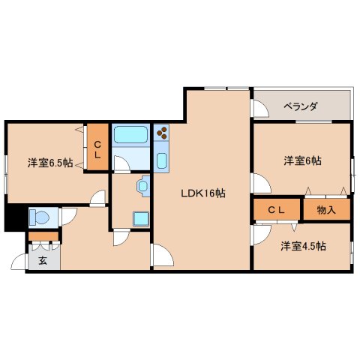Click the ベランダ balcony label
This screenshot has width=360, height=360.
[x=300, y=106]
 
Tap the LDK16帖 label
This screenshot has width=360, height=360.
[x=202, y=193]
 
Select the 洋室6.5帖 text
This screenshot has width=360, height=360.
[x=50, y=162]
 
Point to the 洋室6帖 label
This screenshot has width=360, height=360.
[x=302, y=160]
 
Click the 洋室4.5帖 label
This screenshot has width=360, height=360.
[x=304, y=246]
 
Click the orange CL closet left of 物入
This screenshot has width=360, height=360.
[x=276, y=210]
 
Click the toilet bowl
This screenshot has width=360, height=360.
[x=39, y=217]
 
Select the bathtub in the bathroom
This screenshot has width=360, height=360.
[x=132, y=135]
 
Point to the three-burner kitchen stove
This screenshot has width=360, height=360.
[x=163, y=134]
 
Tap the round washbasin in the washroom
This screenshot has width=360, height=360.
[x=142, y=185]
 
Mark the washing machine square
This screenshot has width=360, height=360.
[x=139, y=217]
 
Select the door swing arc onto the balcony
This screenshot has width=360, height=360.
[x=260, y=110]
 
